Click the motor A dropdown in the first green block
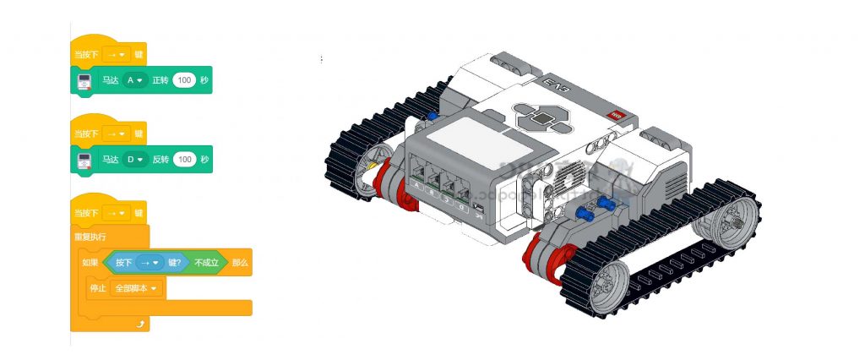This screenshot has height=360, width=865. (x=134, y=80)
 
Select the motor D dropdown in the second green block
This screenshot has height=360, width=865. (x=134, y=159)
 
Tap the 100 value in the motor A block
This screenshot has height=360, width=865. (x=184, y=80)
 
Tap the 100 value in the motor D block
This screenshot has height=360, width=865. (x=184, y=159)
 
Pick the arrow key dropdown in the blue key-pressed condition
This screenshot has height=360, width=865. (x=154, y=263)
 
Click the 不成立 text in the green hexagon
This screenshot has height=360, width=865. (x=207, y=263)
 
